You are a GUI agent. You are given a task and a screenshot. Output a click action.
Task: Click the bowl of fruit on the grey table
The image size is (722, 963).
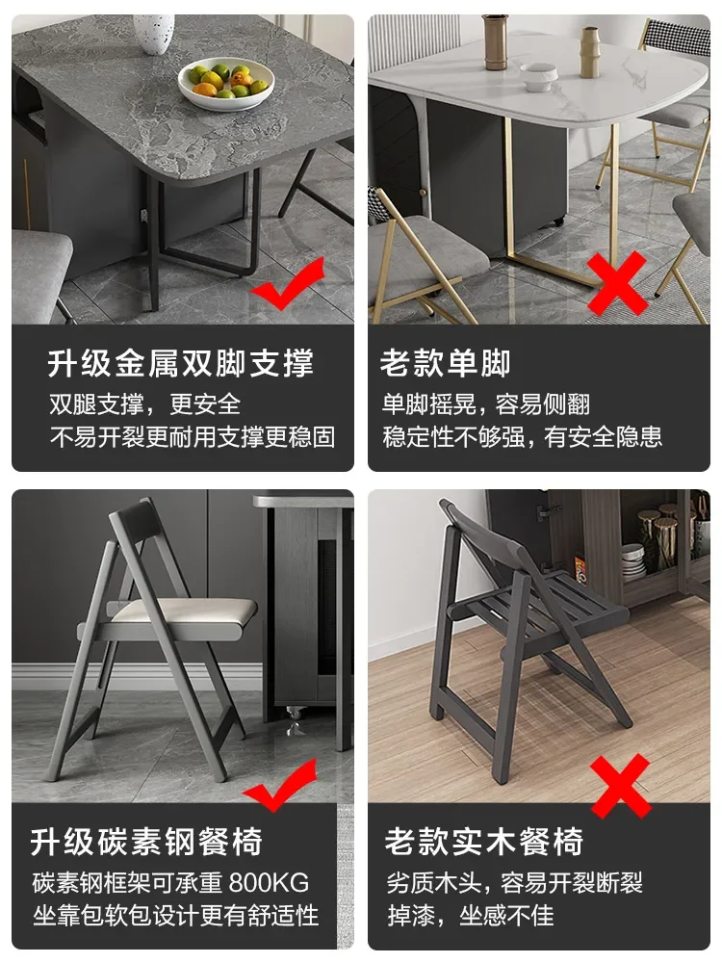pos(226,82)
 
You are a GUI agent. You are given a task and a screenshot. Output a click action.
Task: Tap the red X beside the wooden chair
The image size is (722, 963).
pos(620,785)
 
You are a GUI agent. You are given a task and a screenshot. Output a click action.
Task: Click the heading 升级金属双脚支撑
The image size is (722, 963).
pos(181,363)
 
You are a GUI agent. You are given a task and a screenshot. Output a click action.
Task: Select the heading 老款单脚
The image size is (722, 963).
pos(445,363)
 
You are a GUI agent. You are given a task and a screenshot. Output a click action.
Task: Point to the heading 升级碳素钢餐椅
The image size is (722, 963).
pos(146,842)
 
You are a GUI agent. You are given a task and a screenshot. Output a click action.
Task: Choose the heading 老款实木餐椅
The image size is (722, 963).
pos(484,842)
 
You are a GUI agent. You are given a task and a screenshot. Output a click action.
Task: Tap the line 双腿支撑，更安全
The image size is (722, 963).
pos(144,403)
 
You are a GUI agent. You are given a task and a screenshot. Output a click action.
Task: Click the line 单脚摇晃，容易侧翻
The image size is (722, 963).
pos(486,403)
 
